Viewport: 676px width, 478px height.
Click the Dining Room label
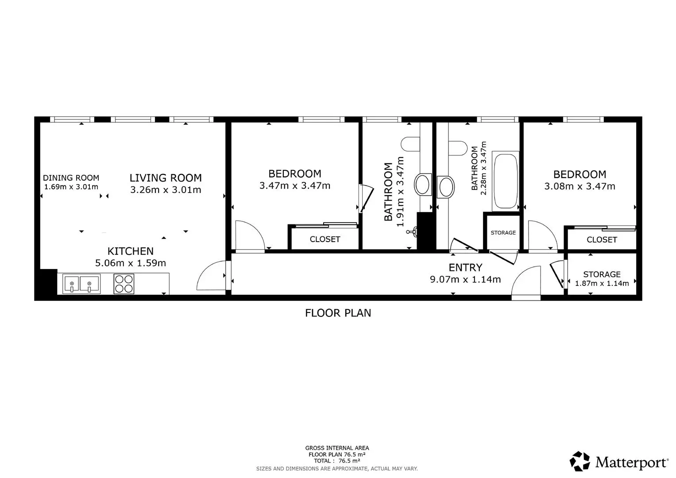tap(71, 178)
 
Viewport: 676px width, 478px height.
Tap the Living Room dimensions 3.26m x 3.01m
tap(166, 190)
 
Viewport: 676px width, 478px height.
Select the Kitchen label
tap(130, 251)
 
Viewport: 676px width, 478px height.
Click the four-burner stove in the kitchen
tap(124, 284)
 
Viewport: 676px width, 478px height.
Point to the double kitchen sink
tap(81, 284)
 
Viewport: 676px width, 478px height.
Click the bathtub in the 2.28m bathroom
tap(506, 181)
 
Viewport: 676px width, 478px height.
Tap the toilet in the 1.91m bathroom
tap(410, 144)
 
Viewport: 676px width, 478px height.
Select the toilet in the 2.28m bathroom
tap(458, 148)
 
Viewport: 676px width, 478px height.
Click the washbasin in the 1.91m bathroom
tap(423, 185)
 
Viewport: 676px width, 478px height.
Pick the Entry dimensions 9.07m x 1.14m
tap(465, 279)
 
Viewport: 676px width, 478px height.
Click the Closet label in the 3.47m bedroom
tap(325, 239)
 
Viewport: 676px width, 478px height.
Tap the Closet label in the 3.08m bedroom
tap(602, 240)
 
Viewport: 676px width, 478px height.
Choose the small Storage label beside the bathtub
tap(503, 233)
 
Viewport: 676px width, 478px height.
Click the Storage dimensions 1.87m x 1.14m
tap(602, 283)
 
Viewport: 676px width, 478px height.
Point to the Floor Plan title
tap(338, 313)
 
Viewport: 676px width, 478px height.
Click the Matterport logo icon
tap(580, 461)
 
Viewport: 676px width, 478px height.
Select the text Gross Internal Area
tap(337, 448)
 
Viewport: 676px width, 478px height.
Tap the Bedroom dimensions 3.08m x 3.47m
tap(580, 186)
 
